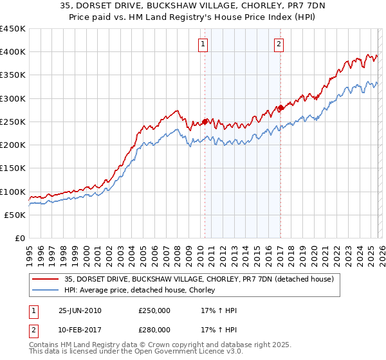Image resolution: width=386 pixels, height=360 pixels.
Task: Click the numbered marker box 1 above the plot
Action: [203, 44]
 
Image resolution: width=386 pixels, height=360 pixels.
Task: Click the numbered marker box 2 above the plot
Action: [279, 44]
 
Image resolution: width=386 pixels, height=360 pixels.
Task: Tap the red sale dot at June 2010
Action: [205, 121]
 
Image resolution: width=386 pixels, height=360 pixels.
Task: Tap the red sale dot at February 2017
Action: [280, 107]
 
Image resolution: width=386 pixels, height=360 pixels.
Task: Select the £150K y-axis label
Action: [13, 168]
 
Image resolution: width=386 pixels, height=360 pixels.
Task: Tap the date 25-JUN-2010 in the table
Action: [80, 310]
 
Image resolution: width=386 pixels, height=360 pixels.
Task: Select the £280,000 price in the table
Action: [154, 329]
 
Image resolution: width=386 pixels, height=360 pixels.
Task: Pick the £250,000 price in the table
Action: [154, 310]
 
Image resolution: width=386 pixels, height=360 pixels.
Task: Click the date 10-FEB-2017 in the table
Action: [80, 329]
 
